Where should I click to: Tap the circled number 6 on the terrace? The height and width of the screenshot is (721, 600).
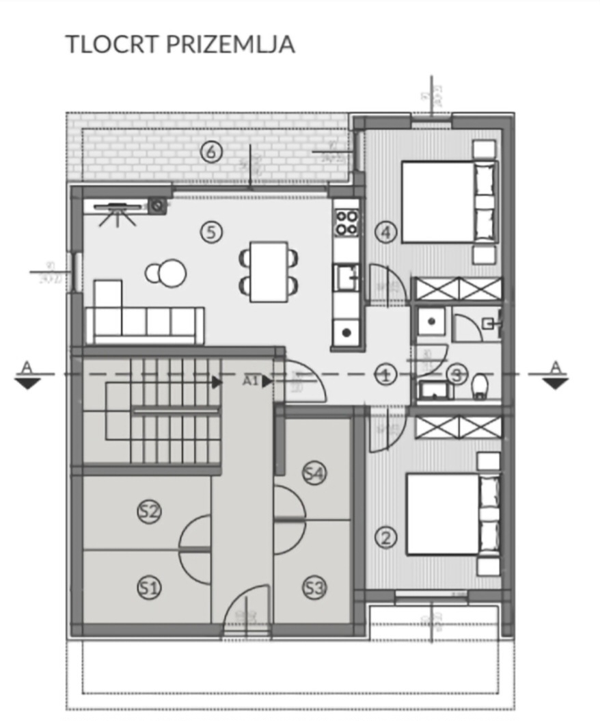[210, 151]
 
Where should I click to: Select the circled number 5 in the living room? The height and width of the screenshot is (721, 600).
[211, 232]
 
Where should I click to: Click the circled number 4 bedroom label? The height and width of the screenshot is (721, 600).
[386, 233]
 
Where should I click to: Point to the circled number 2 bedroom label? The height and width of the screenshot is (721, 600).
[386, 538]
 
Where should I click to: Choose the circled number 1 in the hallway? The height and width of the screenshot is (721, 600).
[386, 374]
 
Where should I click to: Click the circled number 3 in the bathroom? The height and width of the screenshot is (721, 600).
[456, 374]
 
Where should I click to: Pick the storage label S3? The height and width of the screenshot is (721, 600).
[314, 588]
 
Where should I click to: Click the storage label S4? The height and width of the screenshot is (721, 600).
[314, 473]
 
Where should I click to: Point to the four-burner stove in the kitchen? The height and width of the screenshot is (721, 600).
[346, 222]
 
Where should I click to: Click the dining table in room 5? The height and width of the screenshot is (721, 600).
[269, 271]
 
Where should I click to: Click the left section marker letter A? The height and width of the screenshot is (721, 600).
[27, 367]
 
